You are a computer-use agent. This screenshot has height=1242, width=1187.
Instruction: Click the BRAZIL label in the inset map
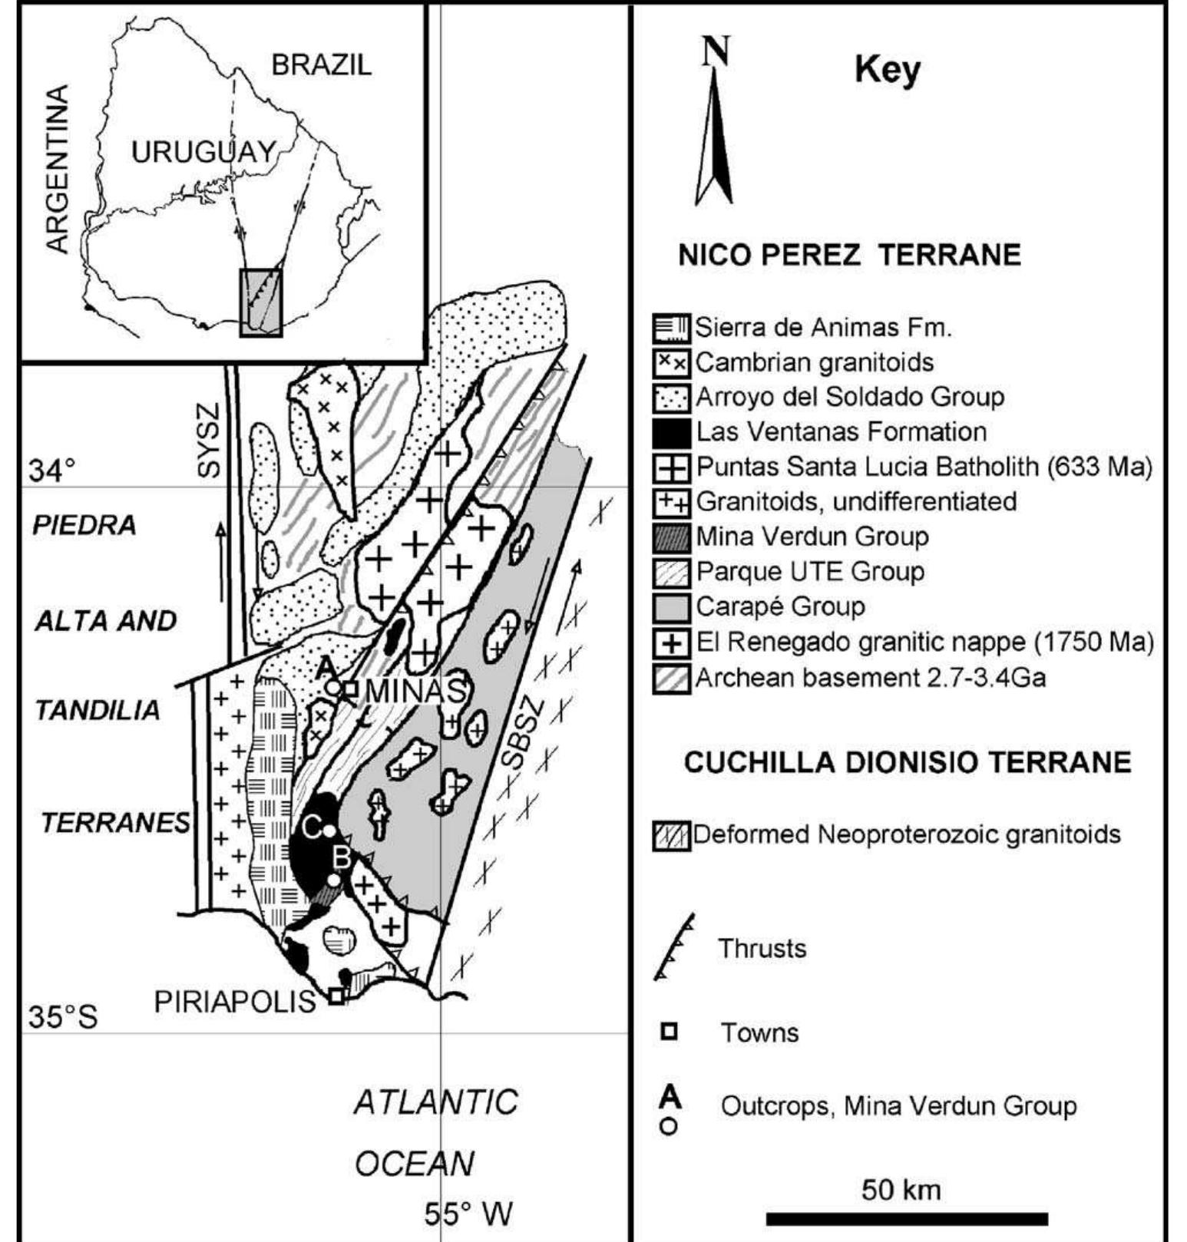322,65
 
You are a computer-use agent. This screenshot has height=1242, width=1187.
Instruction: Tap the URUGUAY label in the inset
203,152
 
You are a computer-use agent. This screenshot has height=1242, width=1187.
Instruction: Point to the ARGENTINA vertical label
58,169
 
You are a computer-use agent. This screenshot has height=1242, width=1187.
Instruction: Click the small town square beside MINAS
350,689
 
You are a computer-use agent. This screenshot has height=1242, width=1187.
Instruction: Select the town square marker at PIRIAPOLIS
336,997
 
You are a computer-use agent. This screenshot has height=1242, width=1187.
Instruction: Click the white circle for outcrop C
329,831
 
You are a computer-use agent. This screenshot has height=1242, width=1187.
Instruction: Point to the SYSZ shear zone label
208,439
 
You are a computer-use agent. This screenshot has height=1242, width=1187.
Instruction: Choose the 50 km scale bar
907,1219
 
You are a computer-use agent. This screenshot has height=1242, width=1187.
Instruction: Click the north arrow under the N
715,138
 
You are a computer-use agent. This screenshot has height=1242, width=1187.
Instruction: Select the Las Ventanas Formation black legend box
672,432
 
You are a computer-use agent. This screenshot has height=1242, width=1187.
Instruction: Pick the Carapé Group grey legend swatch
672,607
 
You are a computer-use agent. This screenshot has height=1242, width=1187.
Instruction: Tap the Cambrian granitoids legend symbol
672,362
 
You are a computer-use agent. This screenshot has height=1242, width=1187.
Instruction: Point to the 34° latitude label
52,470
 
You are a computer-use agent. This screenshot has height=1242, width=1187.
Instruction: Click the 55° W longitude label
468,1215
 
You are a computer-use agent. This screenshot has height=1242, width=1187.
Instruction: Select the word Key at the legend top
887,71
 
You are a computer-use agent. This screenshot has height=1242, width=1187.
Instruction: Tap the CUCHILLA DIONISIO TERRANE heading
908,762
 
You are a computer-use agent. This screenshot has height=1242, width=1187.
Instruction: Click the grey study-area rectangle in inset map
261,302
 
